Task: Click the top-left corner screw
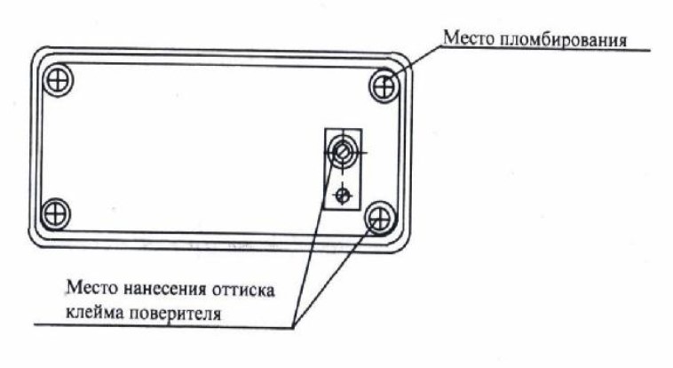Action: coord(59,79)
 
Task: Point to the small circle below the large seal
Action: coord(343,194)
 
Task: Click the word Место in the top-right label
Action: coord(464,39)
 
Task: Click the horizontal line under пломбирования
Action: coord(550,51)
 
